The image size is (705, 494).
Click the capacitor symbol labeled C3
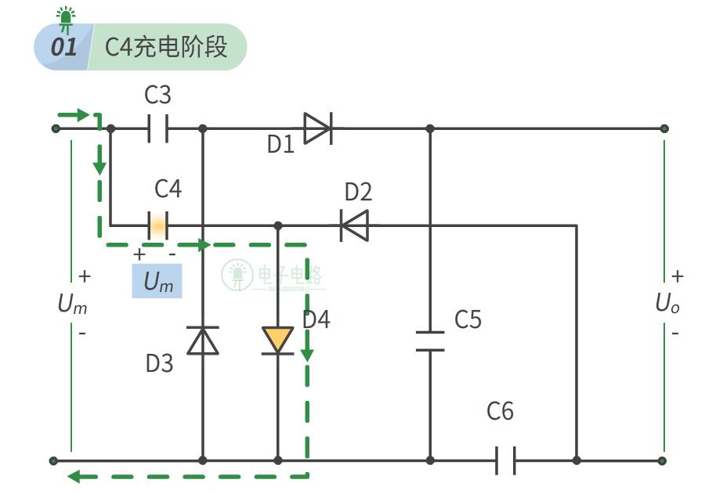coord(157,128)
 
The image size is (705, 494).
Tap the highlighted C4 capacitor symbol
coord(157,225)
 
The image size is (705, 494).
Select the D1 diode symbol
coord(317,128)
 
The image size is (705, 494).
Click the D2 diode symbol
coord(354,225)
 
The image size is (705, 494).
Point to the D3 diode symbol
coord(203,341)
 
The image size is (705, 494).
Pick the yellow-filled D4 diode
coord(278,341)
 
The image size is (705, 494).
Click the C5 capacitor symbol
coord(429,341)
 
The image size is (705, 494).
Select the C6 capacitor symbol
coord(505,461)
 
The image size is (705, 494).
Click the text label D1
coord(280,145)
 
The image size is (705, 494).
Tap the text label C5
coord(468,320)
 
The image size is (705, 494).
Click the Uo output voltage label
coord(667,304)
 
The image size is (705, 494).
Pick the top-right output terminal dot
coord(663,128)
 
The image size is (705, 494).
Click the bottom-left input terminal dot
coord(53,461)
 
